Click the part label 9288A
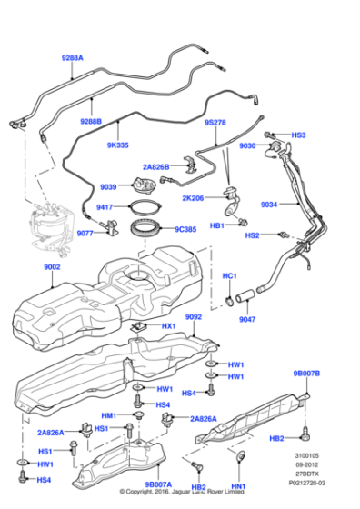tap(71, 57)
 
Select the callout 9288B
tap(90, 120)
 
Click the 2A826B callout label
tap(161, 166)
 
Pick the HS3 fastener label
tap(300, 135)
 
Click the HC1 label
tap(230, 275)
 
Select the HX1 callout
tap(169, 324)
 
